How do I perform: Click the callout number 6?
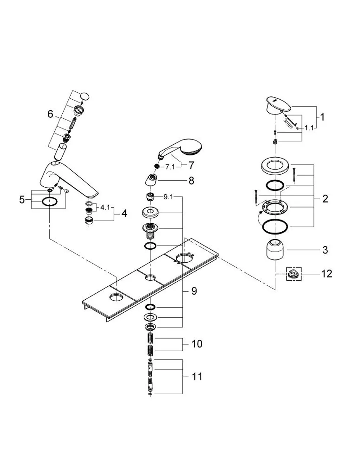[50, 114]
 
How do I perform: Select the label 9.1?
[168, 197]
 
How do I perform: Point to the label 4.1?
[105, 207]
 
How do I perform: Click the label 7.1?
[170, 167]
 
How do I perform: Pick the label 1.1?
[309, 128]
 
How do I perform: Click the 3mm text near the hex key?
[288, 124]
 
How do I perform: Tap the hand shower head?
[181, 149]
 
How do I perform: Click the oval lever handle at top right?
[279, 105]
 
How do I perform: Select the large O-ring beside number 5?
[49, 201]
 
